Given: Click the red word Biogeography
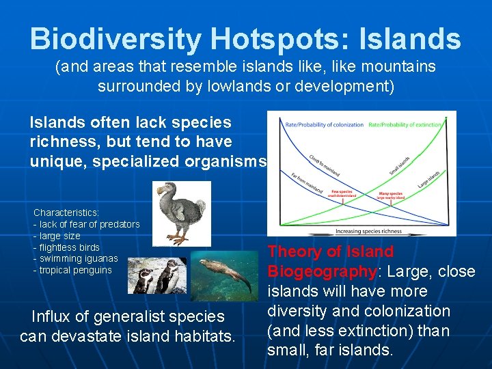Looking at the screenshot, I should pos(322,272).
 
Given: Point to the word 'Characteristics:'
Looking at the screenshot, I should pos(66,213).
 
